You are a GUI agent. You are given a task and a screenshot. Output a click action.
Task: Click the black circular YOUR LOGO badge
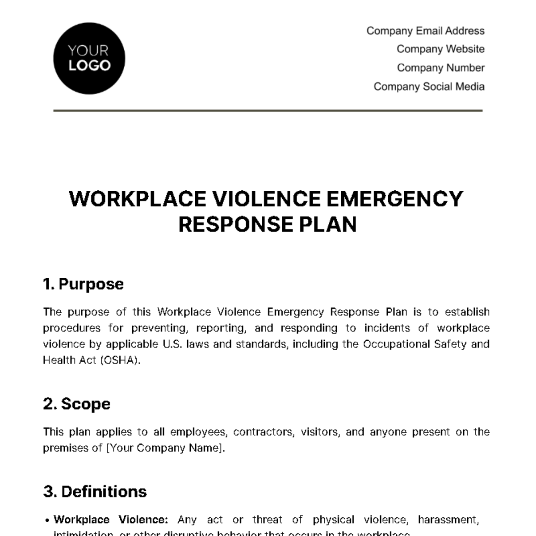[89, 59]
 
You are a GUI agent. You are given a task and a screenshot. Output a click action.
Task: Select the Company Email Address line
[425, 31]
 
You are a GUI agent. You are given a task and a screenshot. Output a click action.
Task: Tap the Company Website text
[440, 49]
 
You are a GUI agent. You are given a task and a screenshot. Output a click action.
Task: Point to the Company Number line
[440, 68]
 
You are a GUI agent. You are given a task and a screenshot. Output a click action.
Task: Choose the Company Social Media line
[429, 87]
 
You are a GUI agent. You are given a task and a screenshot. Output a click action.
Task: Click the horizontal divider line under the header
[268, 110]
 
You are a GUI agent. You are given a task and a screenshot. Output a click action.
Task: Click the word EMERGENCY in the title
[395, 199]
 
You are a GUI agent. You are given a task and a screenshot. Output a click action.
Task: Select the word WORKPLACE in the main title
[138, 199]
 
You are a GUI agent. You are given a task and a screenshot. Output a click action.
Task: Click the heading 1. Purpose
[84, 284]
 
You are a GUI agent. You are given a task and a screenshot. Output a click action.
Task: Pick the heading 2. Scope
[77, 404]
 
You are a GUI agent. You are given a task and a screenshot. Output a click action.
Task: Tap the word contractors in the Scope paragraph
[264, 432]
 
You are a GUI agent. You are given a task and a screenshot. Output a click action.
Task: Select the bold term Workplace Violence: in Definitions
[111, 519]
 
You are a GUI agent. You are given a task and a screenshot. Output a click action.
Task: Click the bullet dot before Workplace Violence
[47, 520]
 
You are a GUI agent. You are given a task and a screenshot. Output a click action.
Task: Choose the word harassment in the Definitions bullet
[448, 519]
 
